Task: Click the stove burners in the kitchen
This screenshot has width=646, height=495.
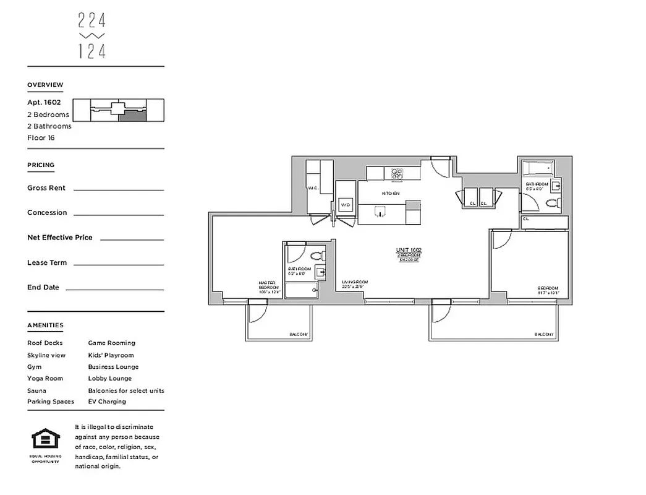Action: tap(397, 174)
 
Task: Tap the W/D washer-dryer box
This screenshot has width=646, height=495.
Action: tap(345, 205)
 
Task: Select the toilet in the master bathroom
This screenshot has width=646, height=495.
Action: tap(317, 255)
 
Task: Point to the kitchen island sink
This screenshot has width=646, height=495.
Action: tap(380, 212)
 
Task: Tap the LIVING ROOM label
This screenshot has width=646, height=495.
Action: tap(355, 283)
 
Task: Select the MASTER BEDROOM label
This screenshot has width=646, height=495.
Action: tap(270, 286)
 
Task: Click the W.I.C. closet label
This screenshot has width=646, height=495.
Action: tap(312, 187)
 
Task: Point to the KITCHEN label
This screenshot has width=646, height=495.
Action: tap(390, 194)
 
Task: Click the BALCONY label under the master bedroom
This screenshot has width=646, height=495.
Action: tap(299, 335)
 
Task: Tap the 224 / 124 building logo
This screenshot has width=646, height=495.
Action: tap(92, 37)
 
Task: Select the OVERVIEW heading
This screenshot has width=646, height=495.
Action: tap(45, 85)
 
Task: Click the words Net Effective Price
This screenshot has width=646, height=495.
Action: tap(60, 238)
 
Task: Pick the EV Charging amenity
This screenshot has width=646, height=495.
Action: tap(107, 402)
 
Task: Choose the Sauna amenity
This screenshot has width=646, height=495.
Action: tap(36, 390)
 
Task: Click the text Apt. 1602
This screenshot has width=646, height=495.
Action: tap(44, 103)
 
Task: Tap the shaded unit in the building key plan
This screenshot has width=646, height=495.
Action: tap(133, 115)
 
